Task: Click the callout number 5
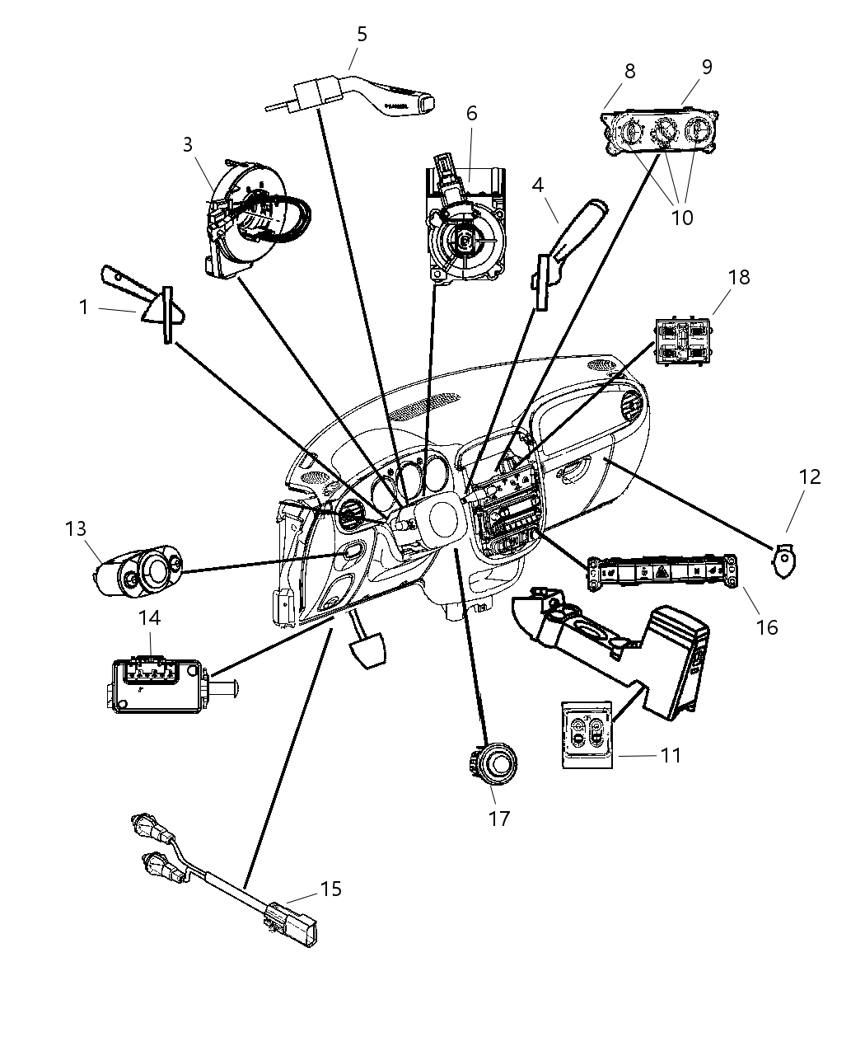coord(362,35)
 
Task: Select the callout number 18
coord(739,277)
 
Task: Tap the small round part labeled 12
coord(784,562)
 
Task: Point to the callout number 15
coord(330,889)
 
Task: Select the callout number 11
coord(671,754)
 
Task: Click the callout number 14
coord(149,617)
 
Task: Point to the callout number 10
coord(682,218)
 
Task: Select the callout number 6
coord(471,113)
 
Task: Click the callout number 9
coord(707,68)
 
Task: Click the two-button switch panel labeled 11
coord(586,734)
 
